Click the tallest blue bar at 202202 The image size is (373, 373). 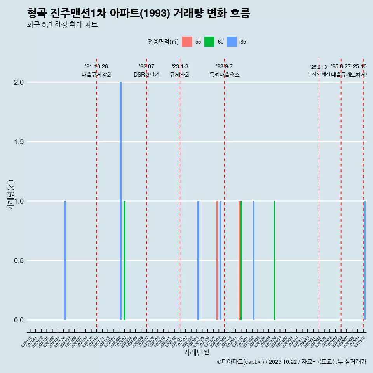pyautogui.click(x=120, y=201)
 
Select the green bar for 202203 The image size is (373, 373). pyautogui.click(x=124, y=260)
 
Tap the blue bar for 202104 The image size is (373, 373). pyautogui.click(x=65, y=260)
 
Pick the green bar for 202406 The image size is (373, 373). pyautogui.click(x=274, y=260)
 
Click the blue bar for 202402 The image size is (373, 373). pyautogui.click(x=254, y=260)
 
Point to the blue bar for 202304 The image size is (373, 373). pyautogui.click(x=198, y=260)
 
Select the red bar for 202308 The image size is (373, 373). pyautogui.click(x=217, y=260)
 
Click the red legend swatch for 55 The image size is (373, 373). pyautogui.click(x=187, y=42)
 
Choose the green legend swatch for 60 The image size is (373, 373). pyautogui.click(x=209, y=42)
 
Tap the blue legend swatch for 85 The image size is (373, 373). pyautogui.click(x=232, y=42)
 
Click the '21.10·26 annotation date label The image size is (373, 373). pyautogui.click(x=96, y=66)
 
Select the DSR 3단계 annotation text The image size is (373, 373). pyautogui.click(x=146, y=75)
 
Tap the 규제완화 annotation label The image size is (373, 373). pyautogui.click(x=180, y=75)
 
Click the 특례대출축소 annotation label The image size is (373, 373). pyautogui.click(x=225, y=75)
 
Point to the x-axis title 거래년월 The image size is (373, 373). pyautogui.click(x=197, y=353)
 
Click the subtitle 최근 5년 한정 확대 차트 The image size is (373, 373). pyautogui.click(x=62, y=25)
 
